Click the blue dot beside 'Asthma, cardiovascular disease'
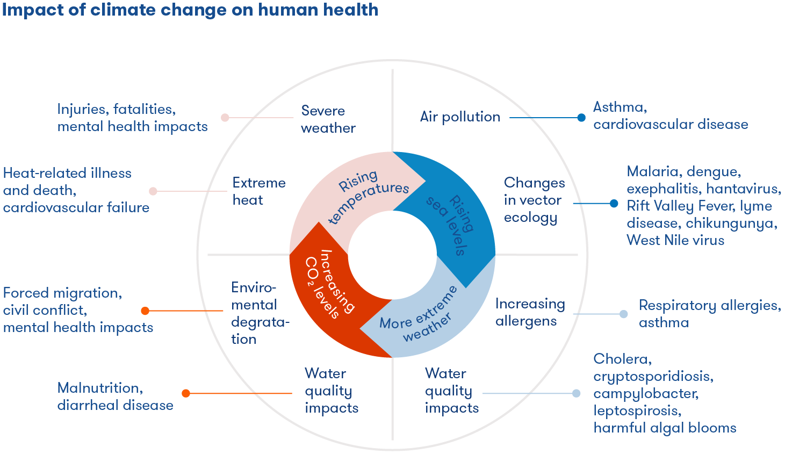pos(581,118)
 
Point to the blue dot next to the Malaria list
pos(614,203)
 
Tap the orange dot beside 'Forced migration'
pos(145,311)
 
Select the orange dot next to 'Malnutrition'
pos(186,393)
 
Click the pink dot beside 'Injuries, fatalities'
pos(225,117)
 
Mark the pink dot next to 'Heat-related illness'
pos(153,191)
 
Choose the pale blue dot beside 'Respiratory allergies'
pos(623,314)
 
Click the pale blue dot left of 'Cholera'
pos(577,393)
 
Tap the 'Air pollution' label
pos(460,117)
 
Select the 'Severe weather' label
pos(328,119)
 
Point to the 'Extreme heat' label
pos(258,191)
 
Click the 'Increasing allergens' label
pos(530,312)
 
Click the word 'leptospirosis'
pos(637,411)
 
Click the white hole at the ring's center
pos(392,255)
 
